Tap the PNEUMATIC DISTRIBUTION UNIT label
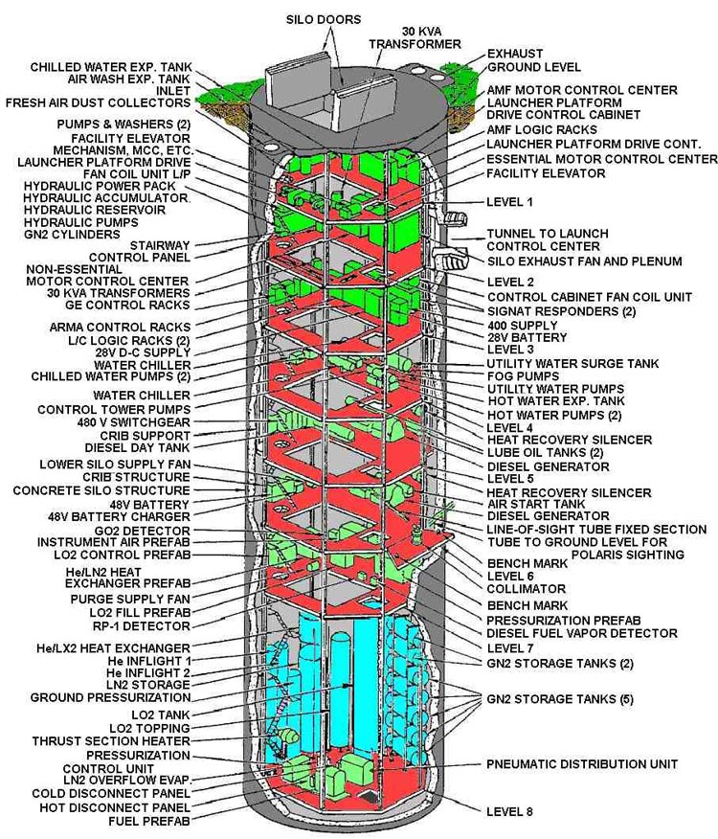click(582, 764)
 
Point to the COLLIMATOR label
click(527, 589)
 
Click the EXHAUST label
click(515, 54)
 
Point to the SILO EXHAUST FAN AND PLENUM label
click(584, 261)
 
